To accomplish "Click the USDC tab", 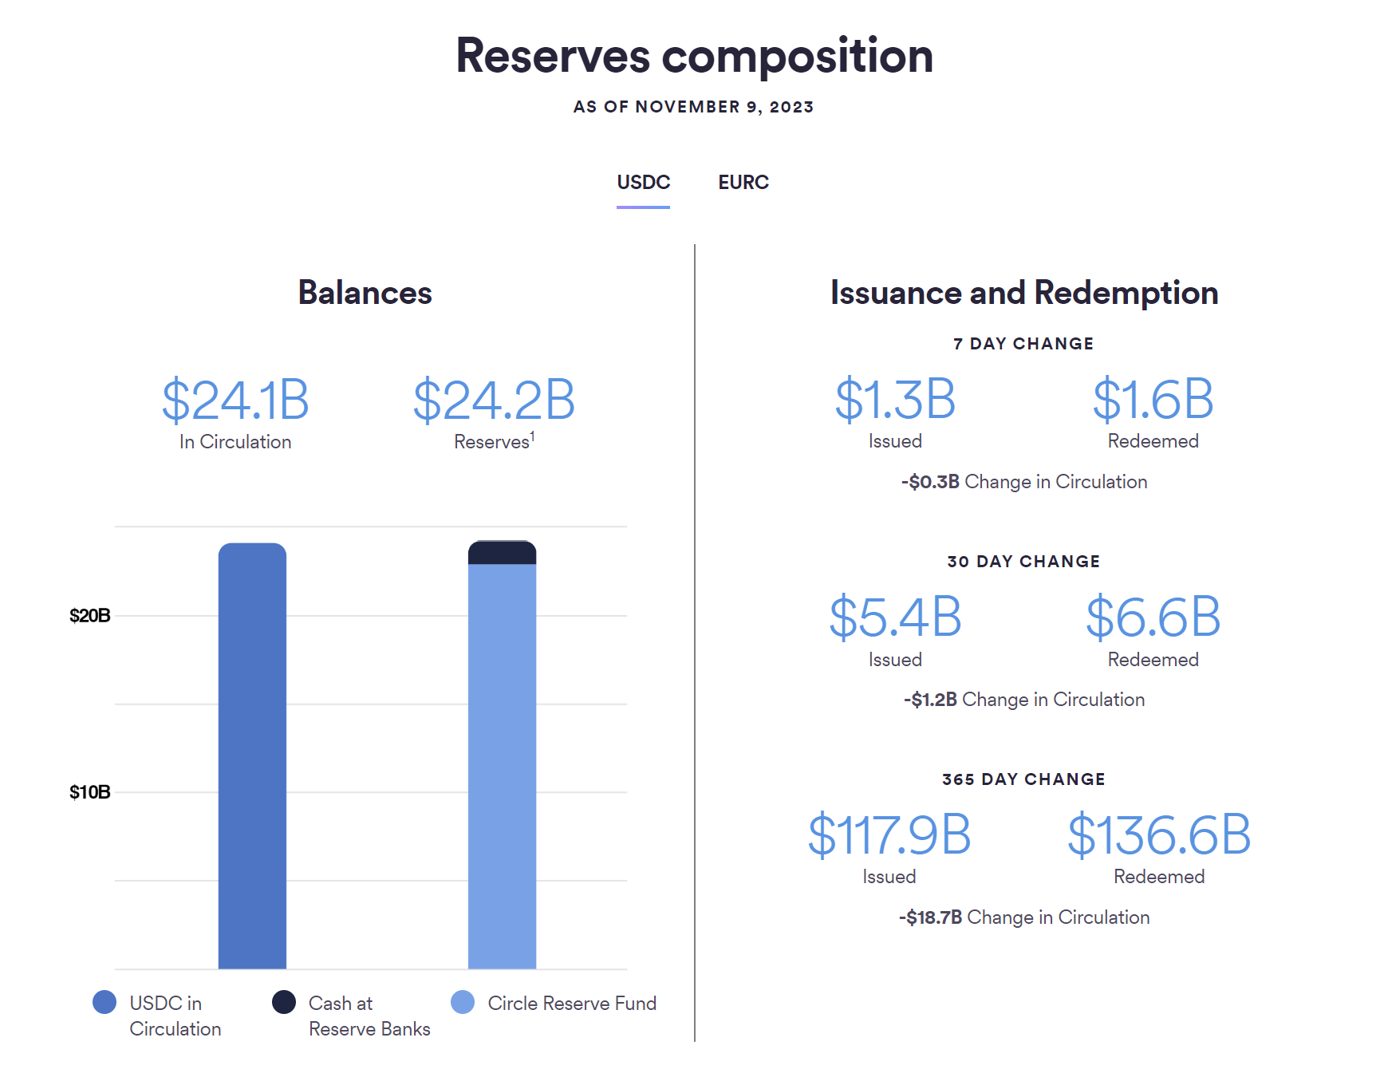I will pos(643,183).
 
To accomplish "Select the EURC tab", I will pos(743,183).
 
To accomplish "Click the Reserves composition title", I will pos(694,56).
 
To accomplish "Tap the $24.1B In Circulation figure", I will pos(235,400).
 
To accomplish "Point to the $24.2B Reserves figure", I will pos(494,400).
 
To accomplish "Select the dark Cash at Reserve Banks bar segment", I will pos(502,553).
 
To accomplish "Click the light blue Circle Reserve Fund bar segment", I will pos(502,766).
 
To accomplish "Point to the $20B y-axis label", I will pos(89,616).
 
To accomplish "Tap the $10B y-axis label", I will pos(89,792).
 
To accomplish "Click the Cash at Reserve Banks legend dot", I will pos(284,1002).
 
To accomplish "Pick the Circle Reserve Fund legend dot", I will pos(463,1002).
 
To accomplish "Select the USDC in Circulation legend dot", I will pos(104,1002).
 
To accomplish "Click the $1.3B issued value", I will pos(895,399).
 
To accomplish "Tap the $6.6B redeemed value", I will pos(1153,617).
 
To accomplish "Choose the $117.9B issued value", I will pos(889,835).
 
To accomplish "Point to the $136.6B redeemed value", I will pos(1159,835).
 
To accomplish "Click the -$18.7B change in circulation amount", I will pos(931,917).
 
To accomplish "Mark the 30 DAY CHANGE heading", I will pos(1023,562).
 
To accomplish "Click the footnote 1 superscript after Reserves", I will pos(532,435).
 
